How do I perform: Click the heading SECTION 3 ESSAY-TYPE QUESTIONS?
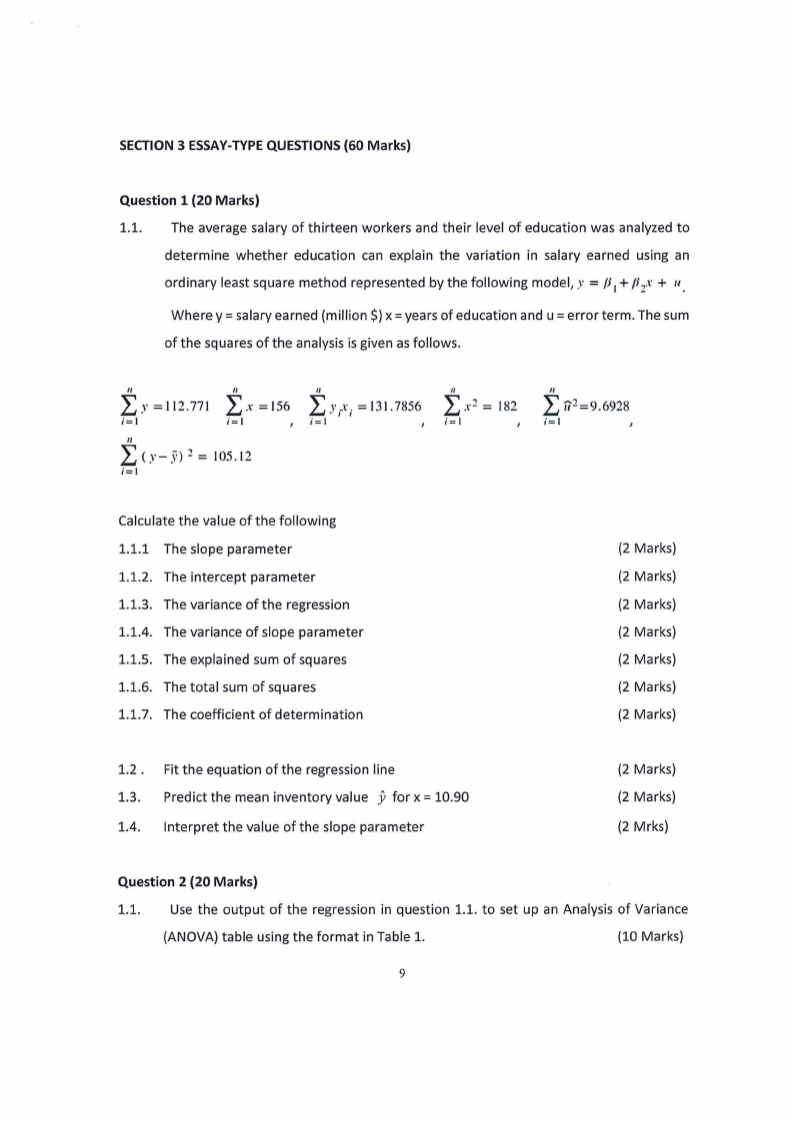pyautogui.click(x=264, y=145)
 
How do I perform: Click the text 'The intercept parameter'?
pyautogui.click(x=239, y=577)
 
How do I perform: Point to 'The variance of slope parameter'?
pyautogui.click(x=263, y=632)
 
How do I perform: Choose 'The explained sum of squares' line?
pyautogui.click(x=255, y=659)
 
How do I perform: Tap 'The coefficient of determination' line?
pyautogui.click(x=263, y=714)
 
